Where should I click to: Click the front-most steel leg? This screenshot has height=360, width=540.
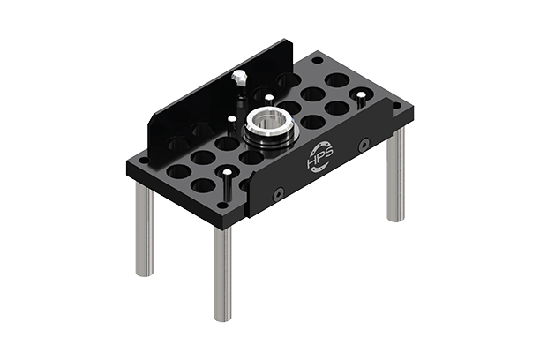pos(221,274)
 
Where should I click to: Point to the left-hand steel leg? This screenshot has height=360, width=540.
pos(144,229)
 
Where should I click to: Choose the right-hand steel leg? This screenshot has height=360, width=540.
pos(395,176)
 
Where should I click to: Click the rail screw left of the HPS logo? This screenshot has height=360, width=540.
pos(278,192)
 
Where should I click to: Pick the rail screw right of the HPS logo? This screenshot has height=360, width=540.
pos(364,144)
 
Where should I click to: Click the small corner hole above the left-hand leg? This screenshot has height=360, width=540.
pos(141,161)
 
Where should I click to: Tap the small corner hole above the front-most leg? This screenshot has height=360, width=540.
pos(221,206)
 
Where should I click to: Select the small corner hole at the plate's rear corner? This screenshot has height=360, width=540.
pos(317,60)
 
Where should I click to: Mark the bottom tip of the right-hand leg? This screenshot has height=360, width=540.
pos(395,219)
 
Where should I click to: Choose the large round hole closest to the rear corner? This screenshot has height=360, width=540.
pos(335,80)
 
